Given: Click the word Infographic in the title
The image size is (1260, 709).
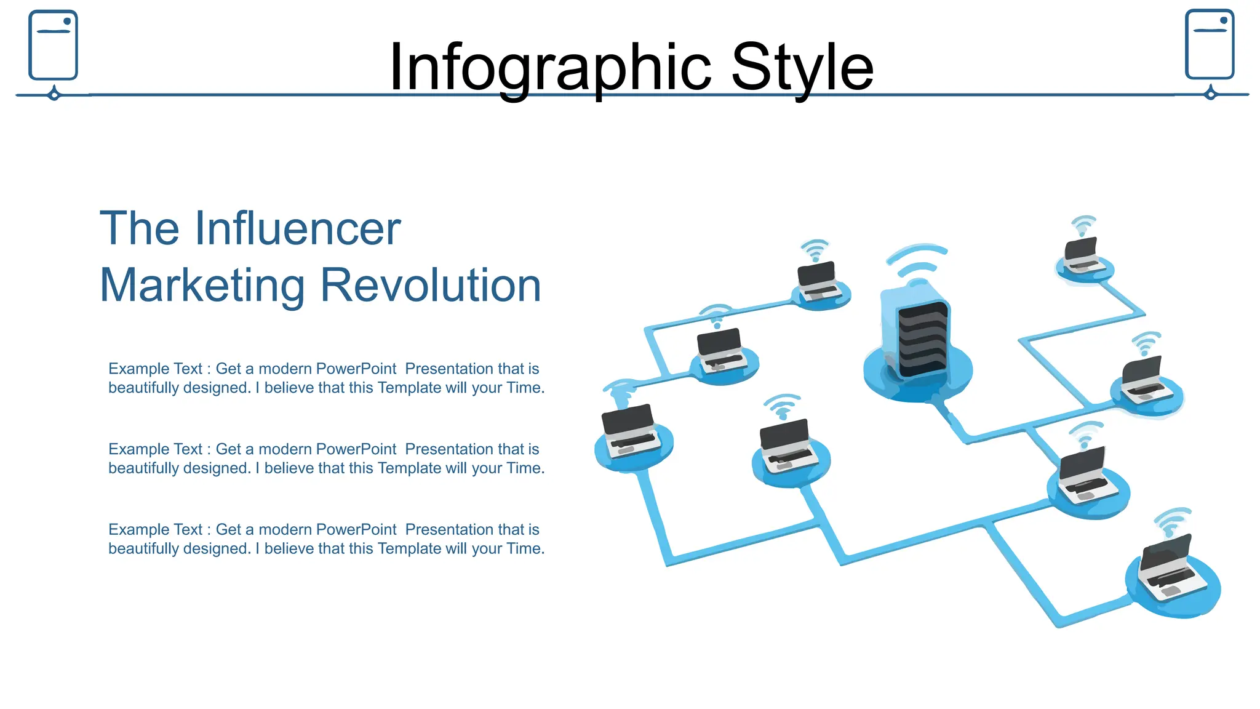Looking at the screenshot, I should (x=549, y=68).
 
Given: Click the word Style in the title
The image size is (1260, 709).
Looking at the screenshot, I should (x=802, y=68).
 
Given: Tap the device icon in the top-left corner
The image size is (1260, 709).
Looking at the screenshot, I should (x=53, y=45).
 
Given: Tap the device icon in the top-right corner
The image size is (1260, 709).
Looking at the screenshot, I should (x=1210, y=44).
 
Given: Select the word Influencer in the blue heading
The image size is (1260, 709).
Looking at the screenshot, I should (x=298, y=228).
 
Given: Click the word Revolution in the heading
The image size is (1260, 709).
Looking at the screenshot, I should (x=431, y=286).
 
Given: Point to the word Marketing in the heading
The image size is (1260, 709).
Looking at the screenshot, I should (x=202, y=286).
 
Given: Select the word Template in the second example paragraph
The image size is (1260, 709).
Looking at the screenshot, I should (x=409, y=468).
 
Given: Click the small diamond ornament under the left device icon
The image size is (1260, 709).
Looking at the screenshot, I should (x=54, y=95).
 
